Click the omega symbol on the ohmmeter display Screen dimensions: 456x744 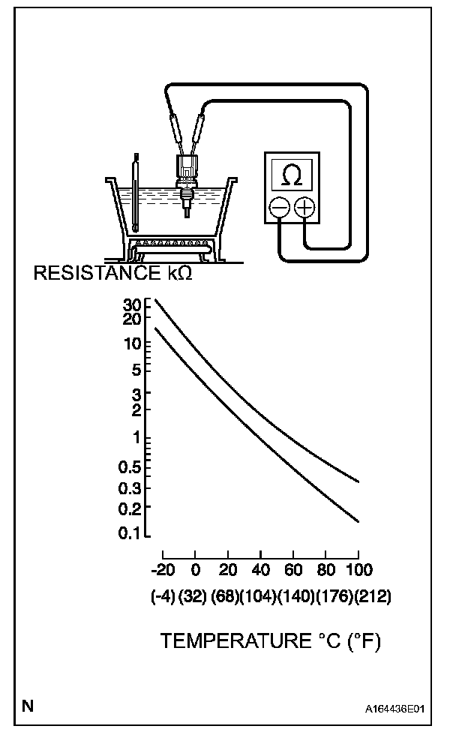[292, 175]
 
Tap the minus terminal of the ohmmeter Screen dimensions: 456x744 [279, 206]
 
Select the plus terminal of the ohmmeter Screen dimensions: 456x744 [304, 206]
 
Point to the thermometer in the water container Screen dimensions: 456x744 [135, 192]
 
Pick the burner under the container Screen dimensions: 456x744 [172, 246]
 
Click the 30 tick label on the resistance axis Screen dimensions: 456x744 [132, 304]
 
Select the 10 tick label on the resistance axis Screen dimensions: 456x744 [133, 344]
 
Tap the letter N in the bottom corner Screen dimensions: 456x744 [28, 705]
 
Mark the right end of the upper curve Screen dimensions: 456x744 [358, 481]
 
